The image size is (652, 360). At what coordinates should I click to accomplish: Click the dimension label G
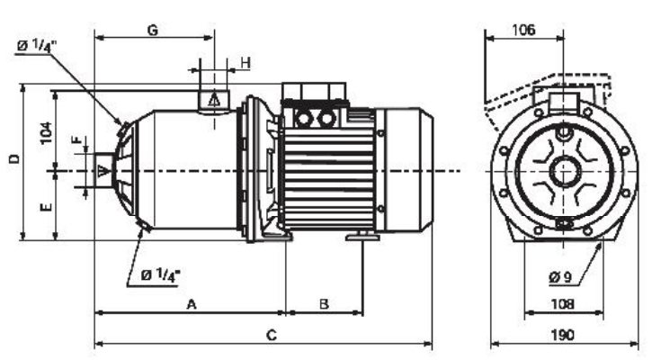point(154,31)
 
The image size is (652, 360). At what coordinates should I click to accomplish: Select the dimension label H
point(246,63)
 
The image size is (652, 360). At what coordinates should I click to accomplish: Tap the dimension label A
point(192,304)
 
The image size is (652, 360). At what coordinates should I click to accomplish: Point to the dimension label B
point(324,304)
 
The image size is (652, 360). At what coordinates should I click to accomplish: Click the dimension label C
point(271,335)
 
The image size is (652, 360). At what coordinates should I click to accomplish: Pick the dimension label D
point(14,158)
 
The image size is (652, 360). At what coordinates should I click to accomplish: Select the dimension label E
point(46,207)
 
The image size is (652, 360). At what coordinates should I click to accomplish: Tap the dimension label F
point(77,139)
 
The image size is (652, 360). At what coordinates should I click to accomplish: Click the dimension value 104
point(46,133)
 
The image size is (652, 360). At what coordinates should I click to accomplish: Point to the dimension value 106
point(523,30)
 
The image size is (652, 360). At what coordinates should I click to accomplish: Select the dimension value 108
point(563,304)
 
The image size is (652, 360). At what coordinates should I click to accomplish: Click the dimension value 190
point(563,335)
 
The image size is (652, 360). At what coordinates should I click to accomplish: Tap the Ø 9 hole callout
point(560,277)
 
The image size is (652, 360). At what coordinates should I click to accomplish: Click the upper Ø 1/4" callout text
point(35,46)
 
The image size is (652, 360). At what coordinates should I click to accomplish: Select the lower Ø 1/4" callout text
point(160,274)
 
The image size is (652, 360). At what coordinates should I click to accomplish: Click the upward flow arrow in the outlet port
point(214,100)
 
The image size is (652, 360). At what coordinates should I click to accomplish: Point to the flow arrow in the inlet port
point(103,171)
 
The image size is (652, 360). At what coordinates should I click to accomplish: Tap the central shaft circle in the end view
point(565,171)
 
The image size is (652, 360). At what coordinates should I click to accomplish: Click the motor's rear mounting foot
point(362,237)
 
